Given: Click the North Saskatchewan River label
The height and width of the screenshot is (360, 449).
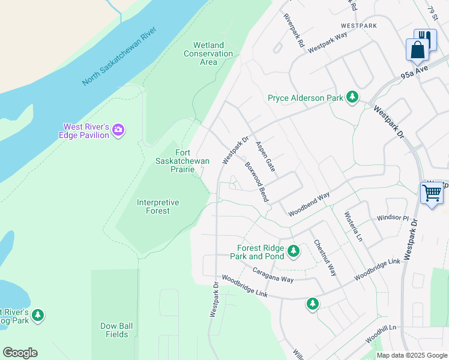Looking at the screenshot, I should click(x=119, y=56).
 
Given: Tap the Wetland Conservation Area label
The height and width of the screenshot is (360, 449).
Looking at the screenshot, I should click(x=208, y=53).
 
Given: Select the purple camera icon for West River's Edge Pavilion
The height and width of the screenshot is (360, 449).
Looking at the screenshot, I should click(x=118, y=130).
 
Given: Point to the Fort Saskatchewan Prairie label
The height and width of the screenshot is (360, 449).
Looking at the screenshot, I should click(x=182, y=161).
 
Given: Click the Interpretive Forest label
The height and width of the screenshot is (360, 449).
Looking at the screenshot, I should click(x=158, y=206).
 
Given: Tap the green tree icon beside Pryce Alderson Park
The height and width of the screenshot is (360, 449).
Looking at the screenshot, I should click(x=352, y=97).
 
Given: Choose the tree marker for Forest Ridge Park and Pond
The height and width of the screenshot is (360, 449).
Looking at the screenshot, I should click(x=293, y=251).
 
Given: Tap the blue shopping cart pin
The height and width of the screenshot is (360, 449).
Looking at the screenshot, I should click(x=432, y=194).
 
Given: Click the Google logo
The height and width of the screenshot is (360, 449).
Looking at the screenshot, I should click(x=20, y=353).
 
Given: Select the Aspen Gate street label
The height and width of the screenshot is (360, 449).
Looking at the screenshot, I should click(x=265, y=157).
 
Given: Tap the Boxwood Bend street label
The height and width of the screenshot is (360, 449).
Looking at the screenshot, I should click(x=256, y=181).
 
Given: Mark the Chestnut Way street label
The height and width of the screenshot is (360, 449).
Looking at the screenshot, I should click(x=325, y=258).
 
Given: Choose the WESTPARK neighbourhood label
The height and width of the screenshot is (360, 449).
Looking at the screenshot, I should click(x=358, y=26).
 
